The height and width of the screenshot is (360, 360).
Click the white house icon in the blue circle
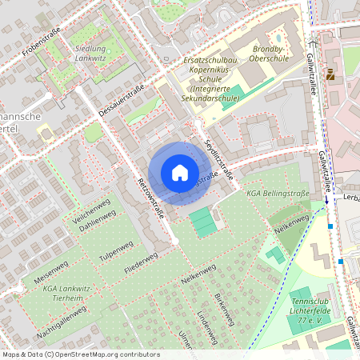click(x=179, y=172)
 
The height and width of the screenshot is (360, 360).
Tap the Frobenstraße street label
click(x=41, y=40)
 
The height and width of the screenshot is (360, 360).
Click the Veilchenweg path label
click(x=90, y=210)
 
